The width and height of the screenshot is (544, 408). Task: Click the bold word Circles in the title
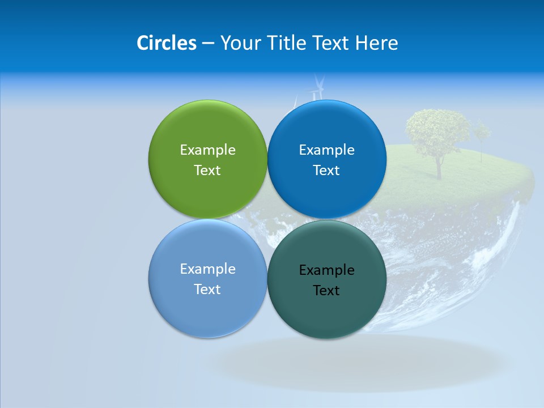coord(167,43)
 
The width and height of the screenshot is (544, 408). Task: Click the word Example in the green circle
coord(207,150)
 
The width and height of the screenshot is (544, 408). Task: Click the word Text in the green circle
coord(207,171)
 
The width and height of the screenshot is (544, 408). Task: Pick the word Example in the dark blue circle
coord(326,150)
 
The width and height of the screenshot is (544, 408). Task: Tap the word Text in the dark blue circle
coord(326,171)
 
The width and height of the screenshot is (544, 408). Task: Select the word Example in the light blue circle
coord(207,269)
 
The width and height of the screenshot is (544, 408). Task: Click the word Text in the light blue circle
coord(207,290)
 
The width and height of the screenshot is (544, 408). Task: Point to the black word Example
coord(326,270)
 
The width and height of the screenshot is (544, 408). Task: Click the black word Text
coord(326,291)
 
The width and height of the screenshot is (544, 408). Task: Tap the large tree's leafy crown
coord(437,131)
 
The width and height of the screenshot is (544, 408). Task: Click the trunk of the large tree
coord(439,167)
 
